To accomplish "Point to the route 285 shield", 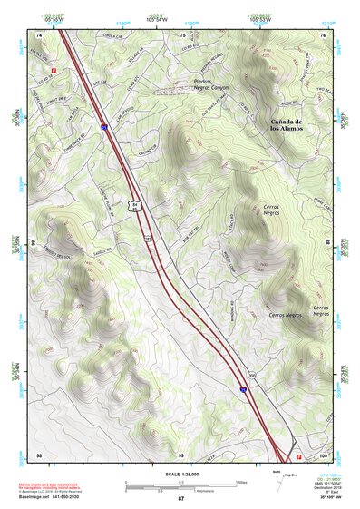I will tap(149, 239).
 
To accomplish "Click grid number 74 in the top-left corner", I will tap(39, 34).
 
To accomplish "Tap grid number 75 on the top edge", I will tap(181, 34).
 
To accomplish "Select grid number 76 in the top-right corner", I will tap(323, 34).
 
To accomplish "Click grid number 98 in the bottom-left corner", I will tap(39, 454).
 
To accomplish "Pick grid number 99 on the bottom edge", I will tap(180, 454).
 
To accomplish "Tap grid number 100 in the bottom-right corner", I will tap(323, 454).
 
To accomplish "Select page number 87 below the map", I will tap(180, 500).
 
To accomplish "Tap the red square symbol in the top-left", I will tap(53, 68).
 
